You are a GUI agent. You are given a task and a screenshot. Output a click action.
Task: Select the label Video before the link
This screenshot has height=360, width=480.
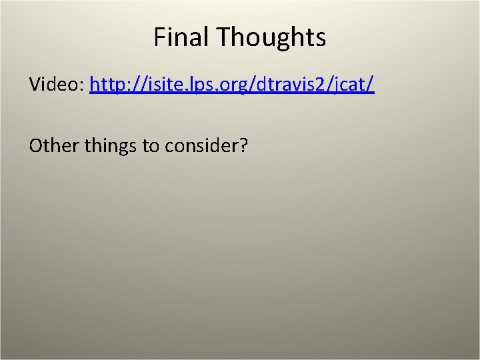[55, 85]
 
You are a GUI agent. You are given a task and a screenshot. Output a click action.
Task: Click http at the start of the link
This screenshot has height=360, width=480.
[106, 85]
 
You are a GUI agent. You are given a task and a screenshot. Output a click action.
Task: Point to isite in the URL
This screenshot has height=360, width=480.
[151, 85]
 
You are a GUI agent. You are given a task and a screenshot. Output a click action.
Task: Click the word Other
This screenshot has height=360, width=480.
[54, 145]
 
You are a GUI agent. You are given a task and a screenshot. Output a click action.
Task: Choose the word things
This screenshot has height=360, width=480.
[111, 145]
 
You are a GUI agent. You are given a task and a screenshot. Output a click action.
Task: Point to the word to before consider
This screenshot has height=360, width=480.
[149, 145]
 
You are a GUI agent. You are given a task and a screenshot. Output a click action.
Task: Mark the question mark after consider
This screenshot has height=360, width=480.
[243, 145]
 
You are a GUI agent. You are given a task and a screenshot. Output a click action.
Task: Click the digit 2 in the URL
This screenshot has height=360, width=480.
[322, 85]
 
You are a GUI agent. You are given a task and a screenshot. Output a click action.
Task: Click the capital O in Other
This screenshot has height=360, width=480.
[36, 145]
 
